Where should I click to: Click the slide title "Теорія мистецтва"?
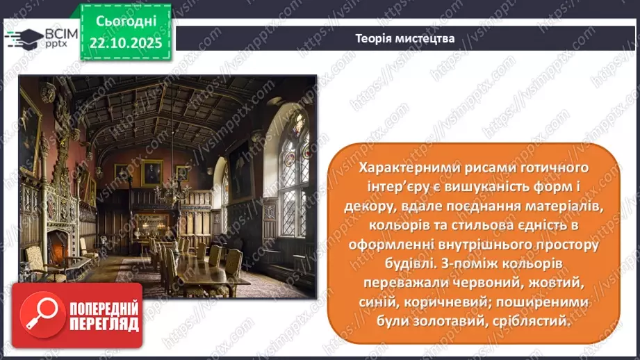point(404,39)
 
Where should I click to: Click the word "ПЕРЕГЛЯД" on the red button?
point(103,325)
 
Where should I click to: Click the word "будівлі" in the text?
point(386,265)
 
